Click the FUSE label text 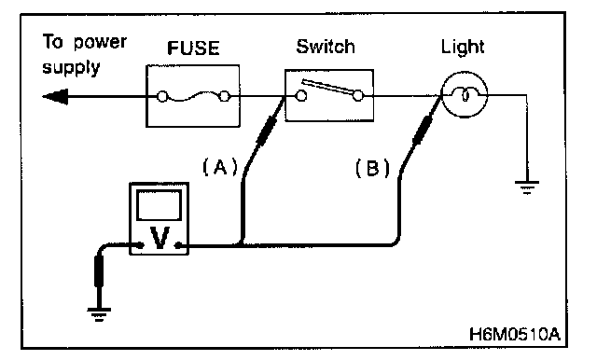193,48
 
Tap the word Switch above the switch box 326,47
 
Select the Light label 463,48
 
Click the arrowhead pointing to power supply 55,97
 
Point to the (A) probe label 220,167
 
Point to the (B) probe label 373,168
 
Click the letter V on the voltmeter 160,237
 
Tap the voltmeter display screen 159,205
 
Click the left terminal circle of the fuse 162,97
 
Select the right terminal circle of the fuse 225,96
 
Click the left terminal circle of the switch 301,95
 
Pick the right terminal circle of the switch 358,95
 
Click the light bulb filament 465,94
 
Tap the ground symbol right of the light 527,187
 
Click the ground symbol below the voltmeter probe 99,314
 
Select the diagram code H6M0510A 515,334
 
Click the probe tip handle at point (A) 267,130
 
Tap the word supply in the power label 71,68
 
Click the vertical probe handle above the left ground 99,271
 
